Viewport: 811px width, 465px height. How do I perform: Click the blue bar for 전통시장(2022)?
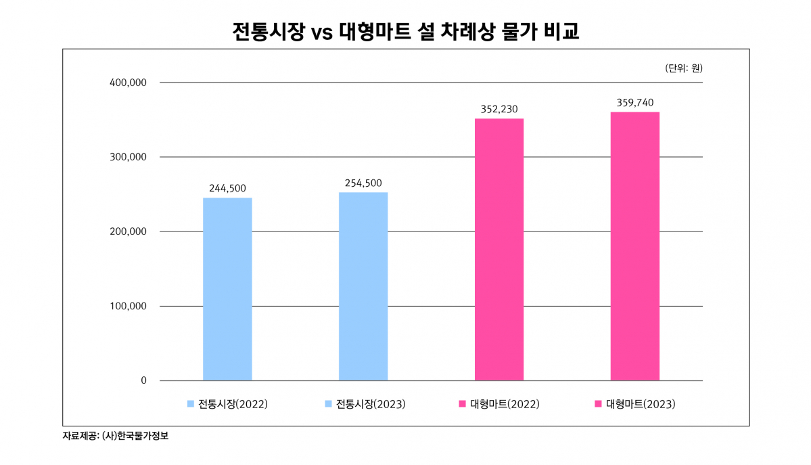(x=227, y=289)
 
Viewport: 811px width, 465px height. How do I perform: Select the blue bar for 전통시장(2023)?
(x=363, y=286)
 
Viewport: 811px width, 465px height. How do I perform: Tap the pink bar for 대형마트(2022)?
(x=499, y=249)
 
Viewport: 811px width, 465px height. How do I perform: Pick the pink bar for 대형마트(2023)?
(x=634, y=246)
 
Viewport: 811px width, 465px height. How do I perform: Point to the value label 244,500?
(x=227, y=188)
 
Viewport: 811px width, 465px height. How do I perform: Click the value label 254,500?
(x=363, y=183)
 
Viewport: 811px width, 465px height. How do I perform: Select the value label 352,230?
(x=499, y=109)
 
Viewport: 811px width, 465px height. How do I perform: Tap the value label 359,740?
(x=634, y=102)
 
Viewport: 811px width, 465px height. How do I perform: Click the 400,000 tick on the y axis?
(x=128, y=83)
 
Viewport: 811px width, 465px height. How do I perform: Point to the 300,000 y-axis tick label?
(x=128, y=157)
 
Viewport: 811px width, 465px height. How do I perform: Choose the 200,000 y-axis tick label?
(x=128, y=231)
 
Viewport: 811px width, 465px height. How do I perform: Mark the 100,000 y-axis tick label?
(x=128, y=306)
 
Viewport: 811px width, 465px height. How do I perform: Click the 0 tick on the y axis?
(x=143, y=380)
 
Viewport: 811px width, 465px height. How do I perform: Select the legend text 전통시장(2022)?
(x=233, y=404)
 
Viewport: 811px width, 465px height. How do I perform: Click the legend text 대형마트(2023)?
(x=641, y=404)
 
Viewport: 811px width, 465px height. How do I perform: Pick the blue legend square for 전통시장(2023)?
(x=328, y=404)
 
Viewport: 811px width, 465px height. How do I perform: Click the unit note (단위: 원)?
(x=684, y=68)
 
